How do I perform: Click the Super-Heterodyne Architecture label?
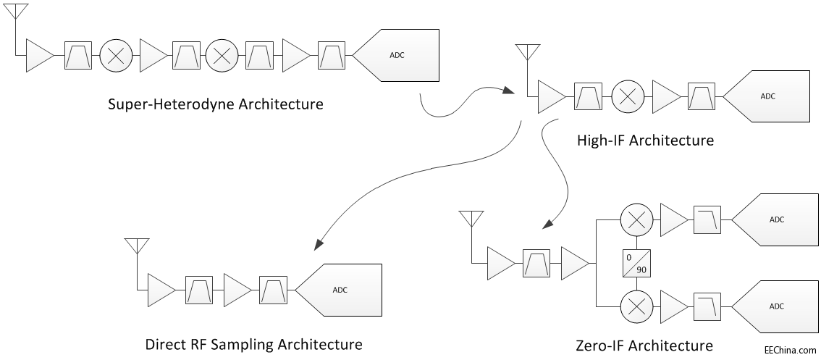(x=215, y=104)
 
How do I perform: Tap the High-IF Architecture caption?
(x=645, y=141)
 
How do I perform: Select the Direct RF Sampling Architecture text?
(x=253, y=343)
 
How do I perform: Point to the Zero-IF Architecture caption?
(x=644, y=345)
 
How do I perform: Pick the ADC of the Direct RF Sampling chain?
(x=343, y=290)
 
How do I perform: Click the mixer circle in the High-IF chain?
(x=626, y=96)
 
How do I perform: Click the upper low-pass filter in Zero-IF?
(x=707, y=219)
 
